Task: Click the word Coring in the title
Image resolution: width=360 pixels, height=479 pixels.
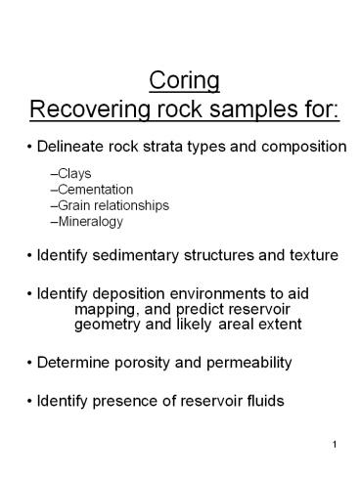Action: click(180, 78)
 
